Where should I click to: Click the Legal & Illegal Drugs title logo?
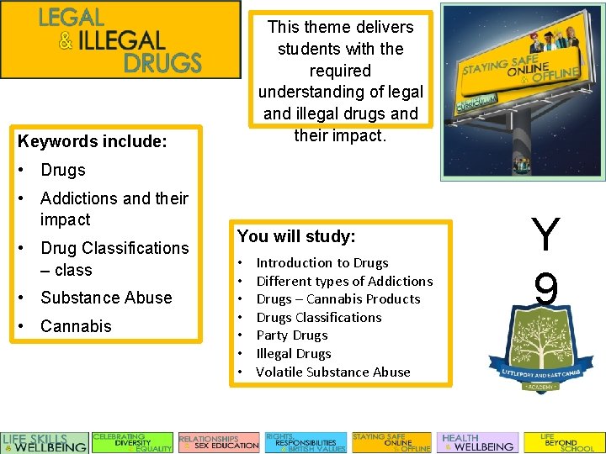120,40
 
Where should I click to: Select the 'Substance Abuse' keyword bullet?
106,298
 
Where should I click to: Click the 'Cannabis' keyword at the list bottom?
76,326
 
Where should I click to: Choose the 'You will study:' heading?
296,236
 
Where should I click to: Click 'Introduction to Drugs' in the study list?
322,262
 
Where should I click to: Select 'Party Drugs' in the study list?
293,335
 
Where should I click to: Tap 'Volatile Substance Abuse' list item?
332,372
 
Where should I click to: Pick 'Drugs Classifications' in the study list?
318,317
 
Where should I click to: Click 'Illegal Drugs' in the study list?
293,354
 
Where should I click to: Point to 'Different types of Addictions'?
343,281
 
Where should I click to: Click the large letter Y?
545,236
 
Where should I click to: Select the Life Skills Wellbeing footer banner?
45,442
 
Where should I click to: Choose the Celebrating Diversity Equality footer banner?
132,442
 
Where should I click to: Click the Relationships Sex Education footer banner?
219,442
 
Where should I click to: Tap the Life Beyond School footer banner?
563,442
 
